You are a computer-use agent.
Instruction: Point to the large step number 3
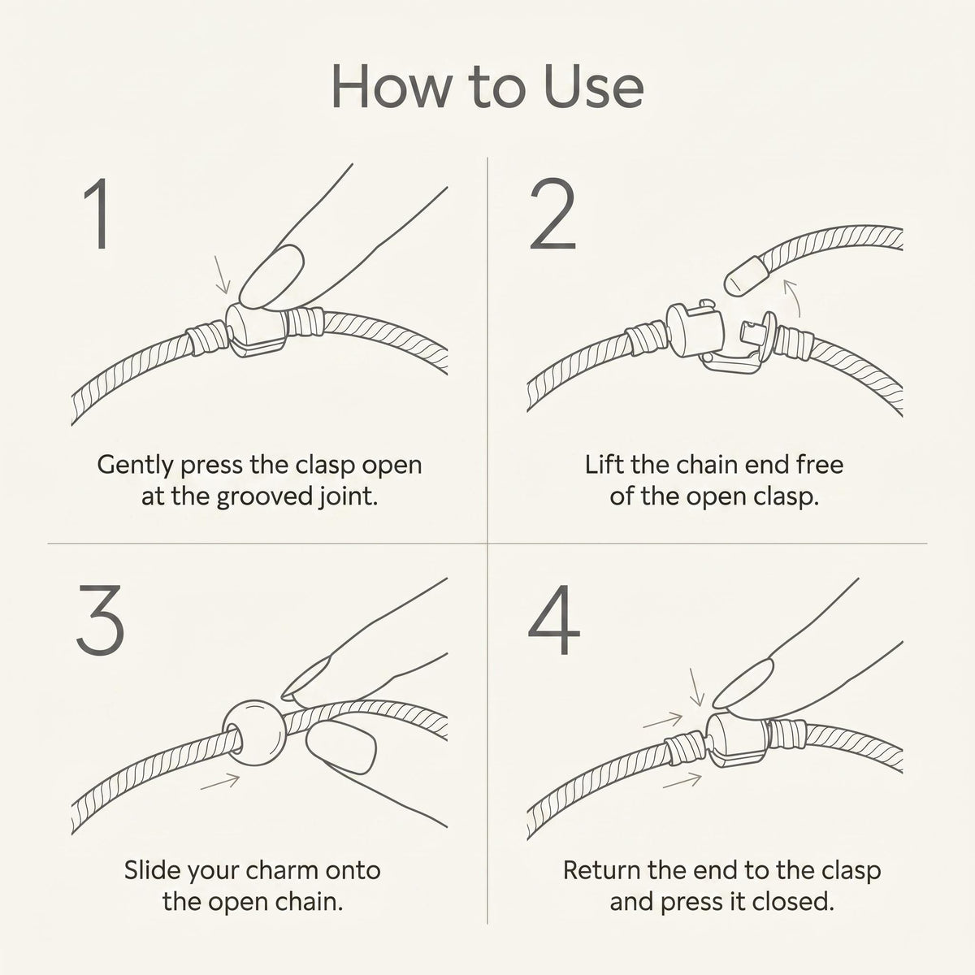[x=101, y=620]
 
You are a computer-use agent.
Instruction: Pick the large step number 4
[x=554, y=620]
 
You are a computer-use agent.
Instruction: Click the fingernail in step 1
[x=271, y=276]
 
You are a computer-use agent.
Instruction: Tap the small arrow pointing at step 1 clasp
[x=222, y=275]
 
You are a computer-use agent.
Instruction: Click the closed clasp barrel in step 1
[x=257, y=329]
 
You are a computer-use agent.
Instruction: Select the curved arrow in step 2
[x=792, y=297]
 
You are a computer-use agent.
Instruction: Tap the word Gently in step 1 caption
[x=136, y=465]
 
